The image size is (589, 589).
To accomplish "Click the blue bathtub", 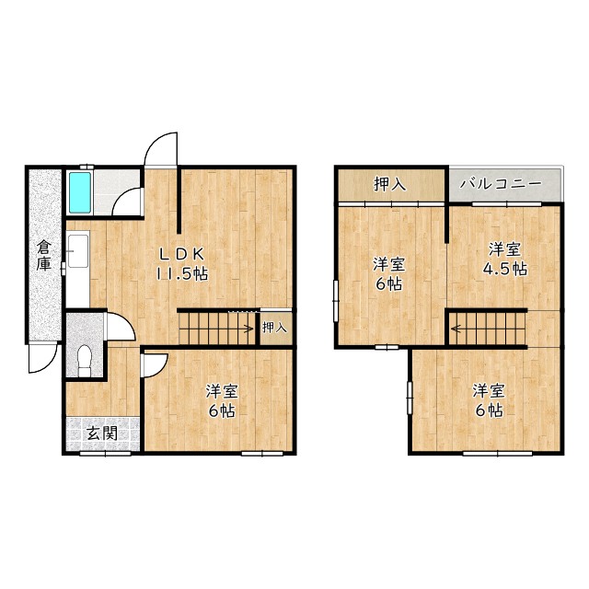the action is (80, 192).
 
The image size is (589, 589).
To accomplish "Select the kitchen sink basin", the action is (78, 251).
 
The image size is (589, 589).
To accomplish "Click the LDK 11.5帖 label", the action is (182, 264).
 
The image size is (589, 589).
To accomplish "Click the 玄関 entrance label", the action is (102, 433).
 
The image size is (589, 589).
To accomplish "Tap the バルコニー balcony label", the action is (502, 184).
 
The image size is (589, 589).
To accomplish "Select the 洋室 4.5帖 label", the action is (505, 260).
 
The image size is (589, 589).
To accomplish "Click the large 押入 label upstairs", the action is (390, 184).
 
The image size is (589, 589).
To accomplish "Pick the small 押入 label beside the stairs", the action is (274, 328).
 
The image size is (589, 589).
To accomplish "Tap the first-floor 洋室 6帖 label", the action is (222, 401).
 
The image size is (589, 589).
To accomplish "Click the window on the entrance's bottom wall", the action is (105, 454).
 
